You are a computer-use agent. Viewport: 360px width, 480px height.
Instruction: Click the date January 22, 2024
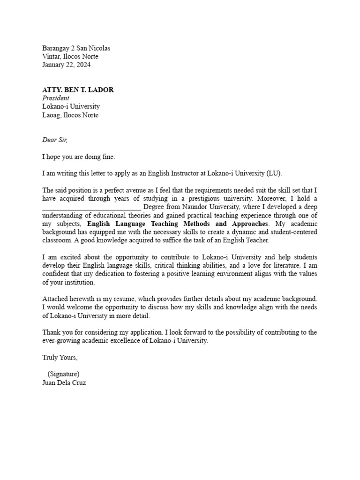point(67,65)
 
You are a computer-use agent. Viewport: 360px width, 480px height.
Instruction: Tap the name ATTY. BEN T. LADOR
point(78,90)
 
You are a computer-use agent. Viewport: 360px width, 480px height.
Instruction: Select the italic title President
point(56,98)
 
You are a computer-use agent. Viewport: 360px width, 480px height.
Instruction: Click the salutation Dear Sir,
point(55,140)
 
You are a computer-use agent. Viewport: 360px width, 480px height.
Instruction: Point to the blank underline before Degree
point(91,207)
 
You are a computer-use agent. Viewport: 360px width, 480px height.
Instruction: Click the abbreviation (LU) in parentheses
point(274,173)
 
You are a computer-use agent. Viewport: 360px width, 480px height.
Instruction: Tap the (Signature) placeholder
point(63,374)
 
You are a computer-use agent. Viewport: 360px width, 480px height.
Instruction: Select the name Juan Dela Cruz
point(64,382)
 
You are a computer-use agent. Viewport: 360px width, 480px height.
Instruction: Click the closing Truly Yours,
point(60,357)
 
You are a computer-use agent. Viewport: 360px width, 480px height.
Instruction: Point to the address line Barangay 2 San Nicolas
point(76,48)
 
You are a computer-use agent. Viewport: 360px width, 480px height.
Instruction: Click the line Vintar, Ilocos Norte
point(70,57)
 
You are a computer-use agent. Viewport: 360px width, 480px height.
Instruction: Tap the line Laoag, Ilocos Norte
point(70,115)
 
